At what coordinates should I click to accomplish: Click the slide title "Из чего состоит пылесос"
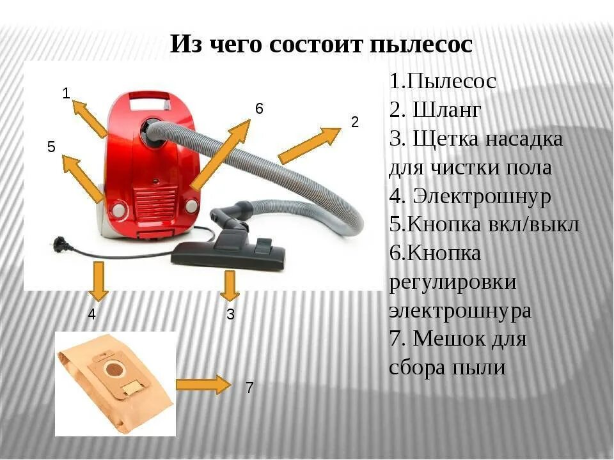321,45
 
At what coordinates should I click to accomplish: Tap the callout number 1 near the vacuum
66,93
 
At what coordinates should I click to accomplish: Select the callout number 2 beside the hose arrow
355,122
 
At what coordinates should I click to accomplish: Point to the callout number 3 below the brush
230,314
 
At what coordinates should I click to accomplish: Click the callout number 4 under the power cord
92,314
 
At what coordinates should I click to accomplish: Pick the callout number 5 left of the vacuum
51,147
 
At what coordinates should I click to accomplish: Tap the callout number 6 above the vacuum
259,109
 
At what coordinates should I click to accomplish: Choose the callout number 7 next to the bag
249,388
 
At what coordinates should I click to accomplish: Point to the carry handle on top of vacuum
149,98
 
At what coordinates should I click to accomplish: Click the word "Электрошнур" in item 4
482,196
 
